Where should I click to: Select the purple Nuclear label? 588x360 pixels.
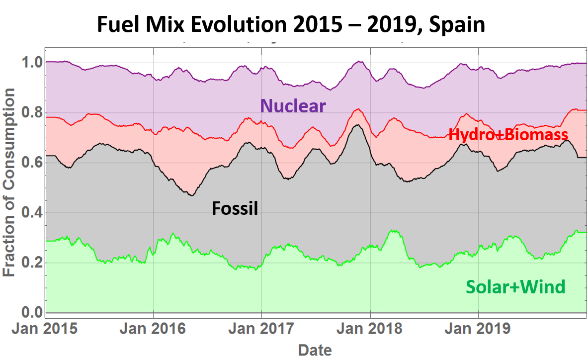click(x=293, y=105)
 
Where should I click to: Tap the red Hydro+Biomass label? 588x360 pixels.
click(x=508, y=134)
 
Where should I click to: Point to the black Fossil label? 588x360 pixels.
click(x=235, y=208)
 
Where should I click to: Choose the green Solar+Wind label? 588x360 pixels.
click(x=515, y=287)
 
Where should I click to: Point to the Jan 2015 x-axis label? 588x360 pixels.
click(x=45, y=329)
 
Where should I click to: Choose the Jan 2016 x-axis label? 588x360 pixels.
click(x=154, y=329)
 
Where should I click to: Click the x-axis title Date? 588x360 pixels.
click(x=315, y=350)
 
